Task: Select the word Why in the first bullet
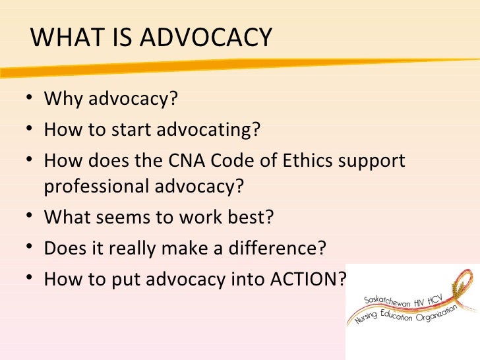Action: (x=64, y=100)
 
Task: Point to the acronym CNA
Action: (x=195, y=160)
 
